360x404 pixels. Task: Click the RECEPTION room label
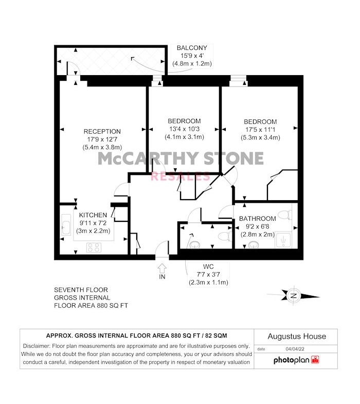click(x=102, y=131)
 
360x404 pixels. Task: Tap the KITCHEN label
click(x=93, y=215)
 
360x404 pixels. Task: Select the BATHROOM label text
click(x=258, y=219)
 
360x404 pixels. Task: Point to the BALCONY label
click(x=192, y=48)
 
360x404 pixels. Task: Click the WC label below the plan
click(x=208, y=267)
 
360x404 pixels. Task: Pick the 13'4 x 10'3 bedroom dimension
click(x=184, y=129)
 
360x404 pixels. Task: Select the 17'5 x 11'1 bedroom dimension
click(x=260, y=130)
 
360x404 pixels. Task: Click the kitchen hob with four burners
click(x=94, y=248)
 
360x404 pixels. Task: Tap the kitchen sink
click(x=66, y=224)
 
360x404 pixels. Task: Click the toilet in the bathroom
click(x=285, y=215)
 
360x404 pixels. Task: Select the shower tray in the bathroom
click(x=283, y=240)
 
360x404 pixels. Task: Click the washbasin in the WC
click(x=195, y=244)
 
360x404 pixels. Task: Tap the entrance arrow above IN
click(x=162, y=268)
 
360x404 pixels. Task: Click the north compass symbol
click(x=294, y=295)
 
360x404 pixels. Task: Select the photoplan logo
click(x=296, y=360)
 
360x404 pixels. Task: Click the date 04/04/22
click(x=295, y=349)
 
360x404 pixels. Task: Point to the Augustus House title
click(x=297, y=336)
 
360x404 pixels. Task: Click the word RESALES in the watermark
click(x=181, y=177)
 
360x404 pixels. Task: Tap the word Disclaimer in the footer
click(x=37, y=346)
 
